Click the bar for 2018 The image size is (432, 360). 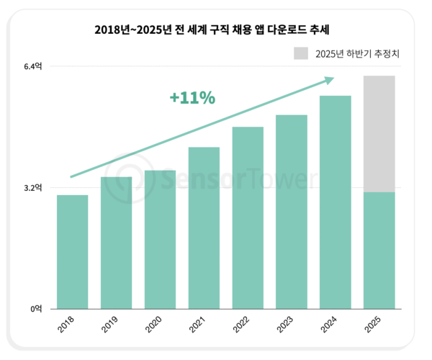click(x=73, y=252)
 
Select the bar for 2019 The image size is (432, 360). click(x=116, y=243)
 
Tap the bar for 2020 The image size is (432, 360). click(x=160, y=240)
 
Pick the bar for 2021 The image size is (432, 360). click(x=204, y=228)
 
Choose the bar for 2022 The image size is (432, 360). click(x=248, y=218)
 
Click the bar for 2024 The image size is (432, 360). click(x=335, y=202)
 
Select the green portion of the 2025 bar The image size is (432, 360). click(x=379, y=251)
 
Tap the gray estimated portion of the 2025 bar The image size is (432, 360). click(x=379, y=134)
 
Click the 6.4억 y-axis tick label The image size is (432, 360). click(x=34, y=66)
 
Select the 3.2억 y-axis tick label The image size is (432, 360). click(x=34, y=188)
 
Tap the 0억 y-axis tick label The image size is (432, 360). click(x=37, y=309)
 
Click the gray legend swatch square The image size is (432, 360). click(x=301, y=53)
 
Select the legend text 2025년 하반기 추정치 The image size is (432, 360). click(x=358, y=53)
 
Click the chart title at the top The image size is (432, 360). click(x=217, y=30)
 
